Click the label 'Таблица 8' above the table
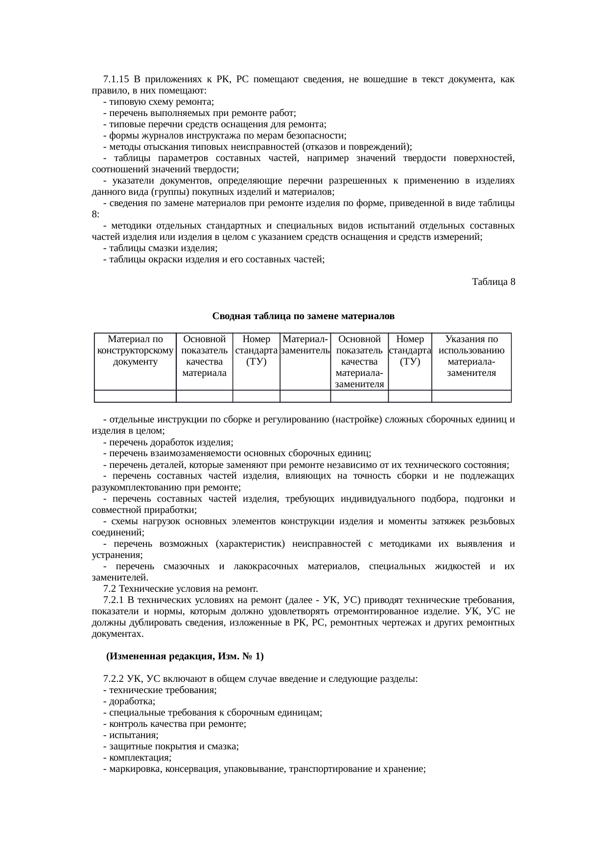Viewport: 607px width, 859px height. (493, 282)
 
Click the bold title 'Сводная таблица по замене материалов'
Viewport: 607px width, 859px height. (303, 316)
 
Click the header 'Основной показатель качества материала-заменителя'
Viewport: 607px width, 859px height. (359, 361)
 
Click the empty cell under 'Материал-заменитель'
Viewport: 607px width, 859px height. (305, 396)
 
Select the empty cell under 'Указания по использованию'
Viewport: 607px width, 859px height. (471, 396)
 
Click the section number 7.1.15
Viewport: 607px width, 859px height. (116, 79)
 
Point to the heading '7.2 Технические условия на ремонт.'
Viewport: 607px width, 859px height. (181, 588)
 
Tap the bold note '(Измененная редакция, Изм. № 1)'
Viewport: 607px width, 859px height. (185, 656)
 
